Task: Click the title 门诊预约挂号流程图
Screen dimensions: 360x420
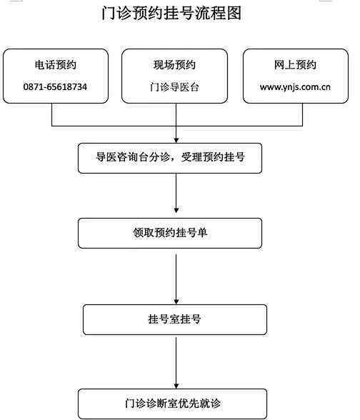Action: (171, 13)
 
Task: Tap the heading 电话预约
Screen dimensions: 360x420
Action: (56, 65)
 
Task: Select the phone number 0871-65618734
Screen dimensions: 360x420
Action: (55, 87)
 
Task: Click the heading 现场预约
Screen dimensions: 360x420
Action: (174, 65)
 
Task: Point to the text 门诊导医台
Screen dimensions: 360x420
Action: (174, 87)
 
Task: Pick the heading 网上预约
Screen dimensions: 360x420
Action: (295, 65)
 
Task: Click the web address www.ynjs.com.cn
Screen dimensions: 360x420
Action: (295, 87)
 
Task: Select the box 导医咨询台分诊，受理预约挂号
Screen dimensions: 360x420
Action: (170, 158)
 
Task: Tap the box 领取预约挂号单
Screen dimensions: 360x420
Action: (170, 233)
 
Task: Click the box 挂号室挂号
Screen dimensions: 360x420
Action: (175, 319)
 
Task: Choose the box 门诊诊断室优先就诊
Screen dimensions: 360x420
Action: (173, 404)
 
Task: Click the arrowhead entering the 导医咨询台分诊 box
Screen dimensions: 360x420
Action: (176, 140)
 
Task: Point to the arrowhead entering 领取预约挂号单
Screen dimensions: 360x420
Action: (176, 210)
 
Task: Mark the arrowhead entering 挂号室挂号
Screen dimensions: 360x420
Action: (176, 301)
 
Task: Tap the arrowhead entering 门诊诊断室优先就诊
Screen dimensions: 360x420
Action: (176, 386)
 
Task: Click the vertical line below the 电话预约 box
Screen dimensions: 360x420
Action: (51, 114)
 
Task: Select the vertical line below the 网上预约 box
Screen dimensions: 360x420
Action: (302, 114)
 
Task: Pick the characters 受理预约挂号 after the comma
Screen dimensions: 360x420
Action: (213, 157)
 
